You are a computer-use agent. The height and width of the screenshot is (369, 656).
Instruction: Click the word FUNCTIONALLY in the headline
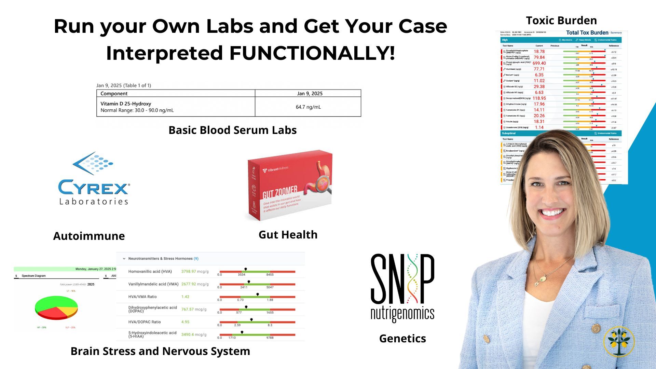click(312, 53)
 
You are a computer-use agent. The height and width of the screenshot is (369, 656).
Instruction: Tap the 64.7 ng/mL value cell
click(308, 107)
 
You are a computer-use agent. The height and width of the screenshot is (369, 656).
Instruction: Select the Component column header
click(114, 94)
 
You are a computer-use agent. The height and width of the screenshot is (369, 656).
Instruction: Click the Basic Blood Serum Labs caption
click(232, 130)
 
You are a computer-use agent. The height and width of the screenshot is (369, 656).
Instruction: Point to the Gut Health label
click(288, 235)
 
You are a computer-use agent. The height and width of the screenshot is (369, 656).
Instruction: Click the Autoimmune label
click(89, 236)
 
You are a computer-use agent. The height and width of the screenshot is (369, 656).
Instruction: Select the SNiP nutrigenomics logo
click(402, 287)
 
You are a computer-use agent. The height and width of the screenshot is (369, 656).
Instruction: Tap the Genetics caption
click(402, 339)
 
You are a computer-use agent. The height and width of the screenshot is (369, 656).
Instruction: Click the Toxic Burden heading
click(561, 20)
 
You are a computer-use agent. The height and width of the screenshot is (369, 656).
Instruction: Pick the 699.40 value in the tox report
click(539, 63)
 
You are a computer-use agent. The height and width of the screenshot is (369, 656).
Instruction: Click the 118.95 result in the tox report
click(539, 98)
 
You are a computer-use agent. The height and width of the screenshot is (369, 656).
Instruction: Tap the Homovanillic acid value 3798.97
click(189, 272)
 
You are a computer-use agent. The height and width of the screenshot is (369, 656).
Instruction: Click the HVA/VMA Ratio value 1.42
click(185, 297)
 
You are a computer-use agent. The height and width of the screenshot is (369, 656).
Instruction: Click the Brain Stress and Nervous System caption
click(160, 351)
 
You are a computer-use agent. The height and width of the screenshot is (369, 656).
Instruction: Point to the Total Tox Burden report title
click(587, 33)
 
